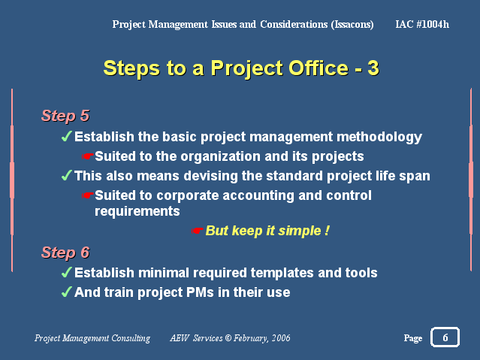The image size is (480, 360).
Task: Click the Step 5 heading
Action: pos(65,116)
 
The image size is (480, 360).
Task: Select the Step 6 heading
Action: pos(65,253)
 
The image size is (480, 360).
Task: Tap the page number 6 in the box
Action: pos(445,337)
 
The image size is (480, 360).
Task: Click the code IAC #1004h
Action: pos(422,24)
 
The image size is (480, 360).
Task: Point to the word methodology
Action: pos(379,137)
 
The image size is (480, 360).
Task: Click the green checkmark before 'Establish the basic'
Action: pos(67,136)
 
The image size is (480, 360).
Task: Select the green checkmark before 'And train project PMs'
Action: pos(67,292)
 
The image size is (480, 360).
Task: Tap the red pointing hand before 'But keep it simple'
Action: pos(197,231)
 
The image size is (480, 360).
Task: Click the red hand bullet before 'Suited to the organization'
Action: pos(88,156)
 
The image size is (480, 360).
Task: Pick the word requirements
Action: pos(137,211)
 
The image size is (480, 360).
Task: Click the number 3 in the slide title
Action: pos(373,68)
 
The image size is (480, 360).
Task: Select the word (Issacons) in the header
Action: pos(352,24)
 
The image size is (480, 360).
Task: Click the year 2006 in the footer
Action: pos(281,338)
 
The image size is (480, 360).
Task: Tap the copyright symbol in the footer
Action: pos(228,338)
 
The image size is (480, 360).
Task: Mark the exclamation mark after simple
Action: pos(328,231)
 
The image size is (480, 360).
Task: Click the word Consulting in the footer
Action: pos(131,338)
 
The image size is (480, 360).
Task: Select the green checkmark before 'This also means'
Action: pos(67,175)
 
